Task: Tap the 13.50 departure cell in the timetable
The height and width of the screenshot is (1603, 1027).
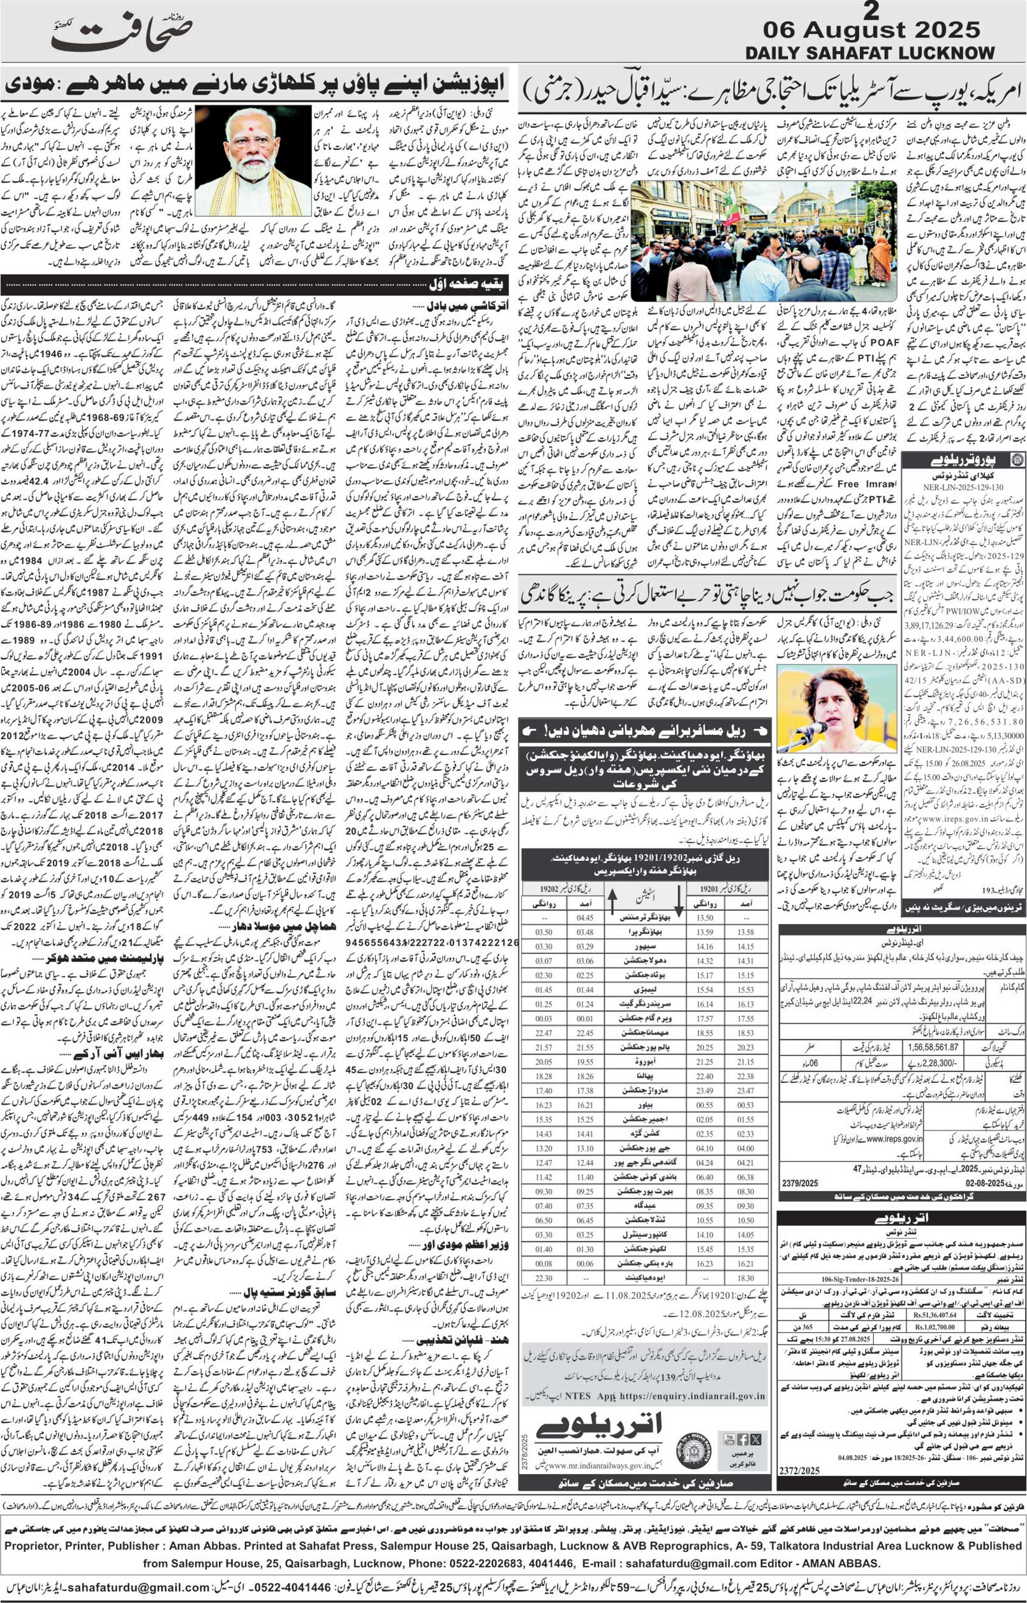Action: coord(704,917)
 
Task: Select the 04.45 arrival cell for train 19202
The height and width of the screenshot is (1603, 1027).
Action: coord(585,917)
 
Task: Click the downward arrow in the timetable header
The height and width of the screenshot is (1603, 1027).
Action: coord(679,902)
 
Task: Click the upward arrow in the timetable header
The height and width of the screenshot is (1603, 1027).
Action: coord(612,902)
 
